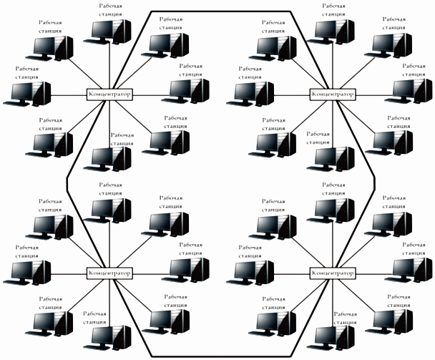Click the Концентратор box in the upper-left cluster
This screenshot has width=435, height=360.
(109, 94)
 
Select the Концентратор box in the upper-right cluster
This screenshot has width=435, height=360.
(333, 94)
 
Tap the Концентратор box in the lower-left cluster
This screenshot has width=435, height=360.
(109, 273)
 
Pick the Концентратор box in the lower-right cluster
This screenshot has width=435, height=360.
(333, 273)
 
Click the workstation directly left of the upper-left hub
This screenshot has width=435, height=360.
(27, 94)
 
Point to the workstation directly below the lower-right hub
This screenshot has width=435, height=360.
(331, 338)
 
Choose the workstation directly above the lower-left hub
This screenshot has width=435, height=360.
(107, 211)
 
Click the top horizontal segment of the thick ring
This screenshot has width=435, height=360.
(221, 11)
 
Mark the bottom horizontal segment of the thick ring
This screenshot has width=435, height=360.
(221, 356)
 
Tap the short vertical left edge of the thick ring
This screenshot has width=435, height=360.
(67, 183)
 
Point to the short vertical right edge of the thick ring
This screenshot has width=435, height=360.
(374, 183)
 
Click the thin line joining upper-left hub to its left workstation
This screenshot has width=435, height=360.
(69, 96)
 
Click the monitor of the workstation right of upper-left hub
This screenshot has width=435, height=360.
(180, 89)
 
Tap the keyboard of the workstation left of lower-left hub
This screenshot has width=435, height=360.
(16, 282)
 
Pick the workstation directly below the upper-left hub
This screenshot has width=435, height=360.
(107, 159)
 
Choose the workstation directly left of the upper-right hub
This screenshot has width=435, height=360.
(250, 94)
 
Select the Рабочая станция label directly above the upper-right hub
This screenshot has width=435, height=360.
(333, 10)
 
